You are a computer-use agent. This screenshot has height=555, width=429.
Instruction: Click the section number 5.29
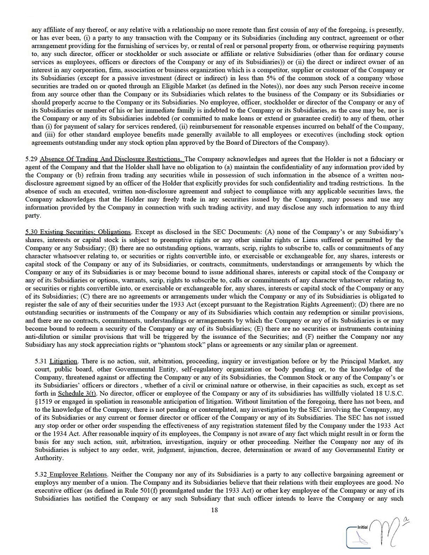(x=31, y=159)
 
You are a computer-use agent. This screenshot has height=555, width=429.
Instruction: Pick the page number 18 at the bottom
(x=214, y=510)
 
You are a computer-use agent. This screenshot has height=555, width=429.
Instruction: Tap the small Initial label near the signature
(x=362, y=527)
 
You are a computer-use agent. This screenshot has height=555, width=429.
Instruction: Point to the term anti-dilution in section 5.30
(x=51, y=337)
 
